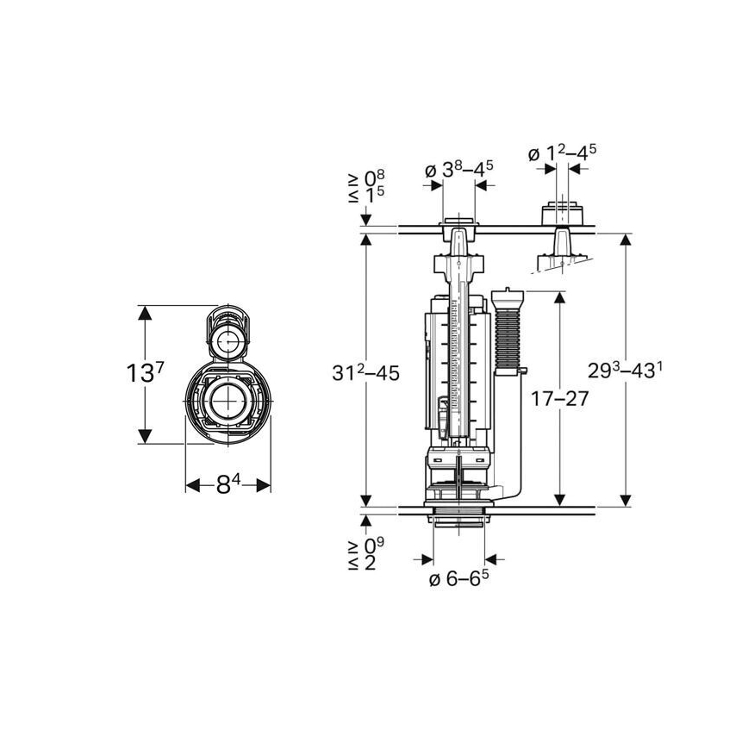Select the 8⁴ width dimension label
[x=228, y=484]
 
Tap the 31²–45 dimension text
[x=366, y=374]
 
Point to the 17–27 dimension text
[x=560, y=399]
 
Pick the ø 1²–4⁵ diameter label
[x=562, y=155]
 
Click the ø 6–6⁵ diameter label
[x=459, y=580]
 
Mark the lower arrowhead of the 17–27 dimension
[x=560, y=498]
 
